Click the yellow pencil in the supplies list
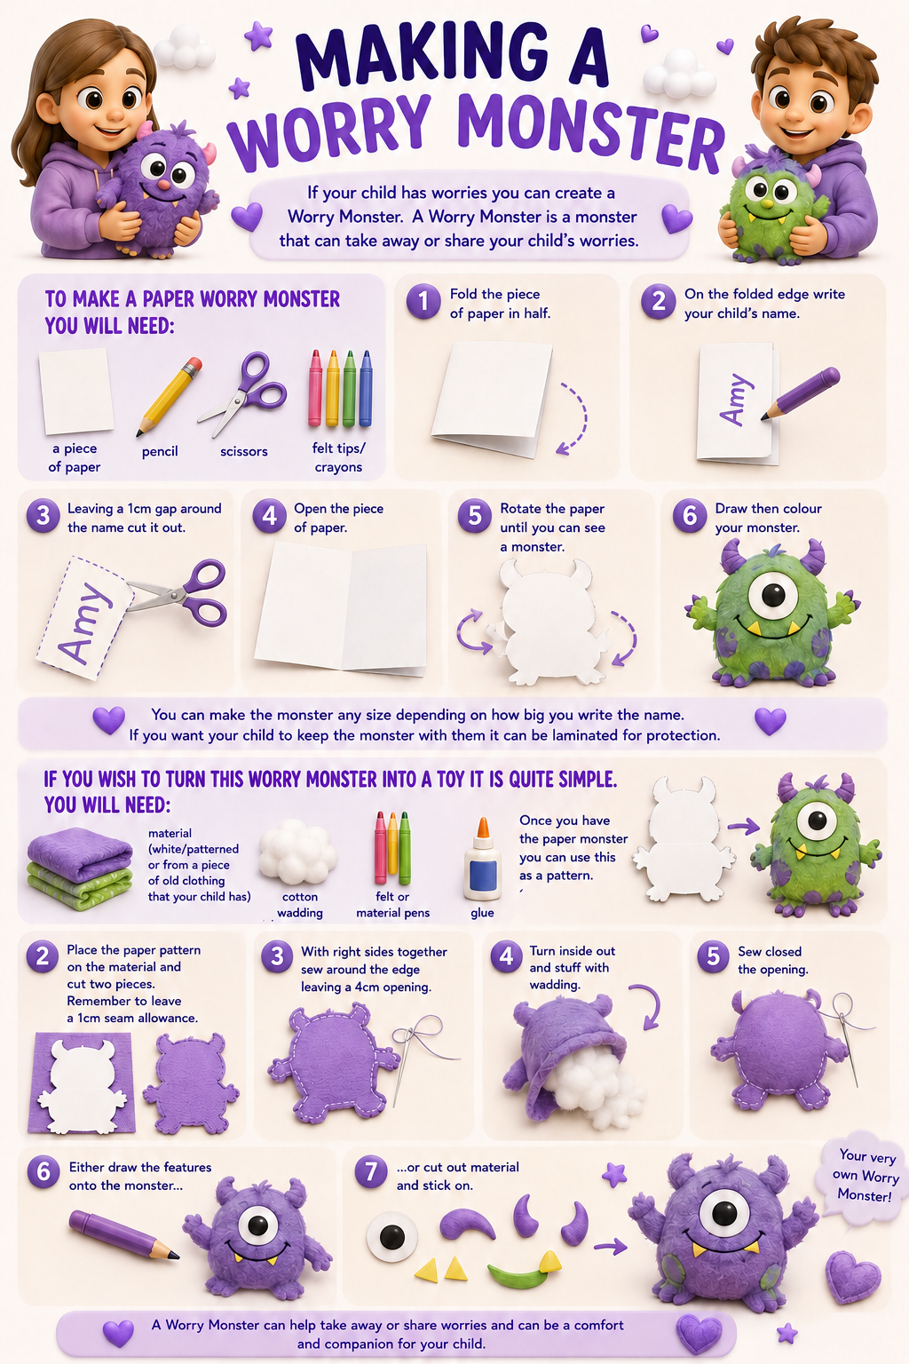coord(169,396)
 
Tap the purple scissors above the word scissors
coord(243,393)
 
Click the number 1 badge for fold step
coord(423,301)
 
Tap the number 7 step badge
coord(371,1171)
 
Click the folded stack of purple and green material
coord(80,868)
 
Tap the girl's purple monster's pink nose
coord(165,184)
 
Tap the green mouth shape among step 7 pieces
coord(518,1276)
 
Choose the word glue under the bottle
coord(482,913)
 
